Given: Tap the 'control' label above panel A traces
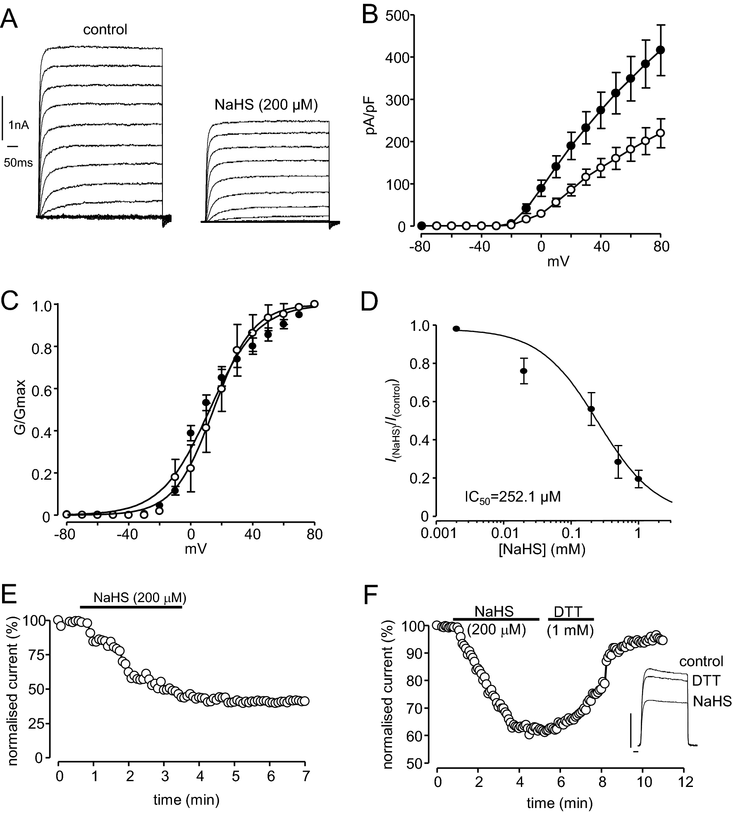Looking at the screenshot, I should (105, 30).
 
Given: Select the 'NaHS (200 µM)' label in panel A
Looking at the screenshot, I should (266, 105).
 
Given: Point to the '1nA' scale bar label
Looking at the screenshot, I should (19, 125).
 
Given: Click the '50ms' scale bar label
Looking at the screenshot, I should (18, 163).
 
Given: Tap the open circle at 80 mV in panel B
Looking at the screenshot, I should (661, 133).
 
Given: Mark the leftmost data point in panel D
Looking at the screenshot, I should (456, 329).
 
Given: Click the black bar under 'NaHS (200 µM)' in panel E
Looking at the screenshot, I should (131, 607).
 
